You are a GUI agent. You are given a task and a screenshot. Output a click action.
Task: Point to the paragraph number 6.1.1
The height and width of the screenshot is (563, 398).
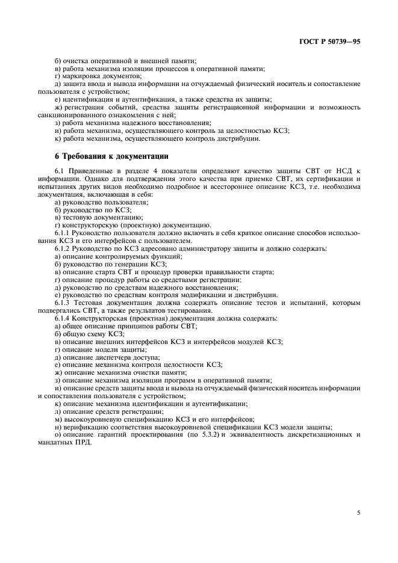click(63, 232)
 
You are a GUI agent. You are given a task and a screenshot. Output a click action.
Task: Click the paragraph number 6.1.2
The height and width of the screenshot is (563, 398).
click(63, 248)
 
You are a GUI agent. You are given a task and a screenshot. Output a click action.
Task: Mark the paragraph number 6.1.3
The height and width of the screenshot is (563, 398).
click(63, 302)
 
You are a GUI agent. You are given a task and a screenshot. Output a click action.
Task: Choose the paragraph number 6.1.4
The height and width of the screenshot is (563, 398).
click(63, 318)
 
